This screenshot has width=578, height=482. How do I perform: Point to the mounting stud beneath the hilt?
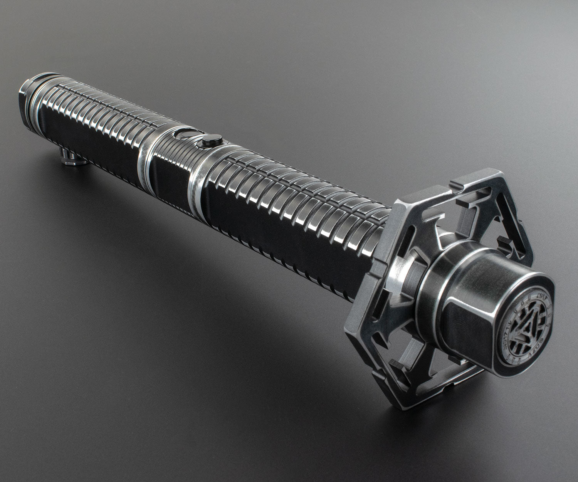coord(71,159)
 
